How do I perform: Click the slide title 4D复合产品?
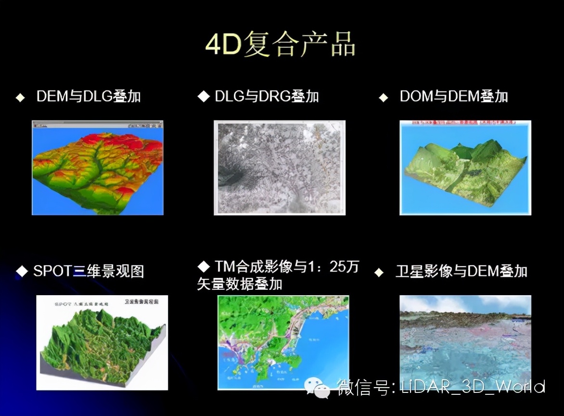click(280, 45)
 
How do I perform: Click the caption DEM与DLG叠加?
click(89, 96)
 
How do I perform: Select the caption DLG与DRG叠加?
click(267, 96)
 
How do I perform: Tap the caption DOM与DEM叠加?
click(454, 96)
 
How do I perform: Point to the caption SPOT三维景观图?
click(89, 271)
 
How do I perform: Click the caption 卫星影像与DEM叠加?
click(461, 271)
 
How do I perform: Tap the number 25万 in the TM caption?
click(344, 267)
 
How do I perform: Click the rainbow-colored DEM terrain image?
click(98, 168)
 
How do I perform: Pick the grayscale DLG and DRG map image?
click(280, 168)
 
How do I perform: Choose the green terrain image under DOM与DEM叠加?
click(465, 168)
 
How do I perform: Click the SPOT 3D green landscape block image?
click(102, 342)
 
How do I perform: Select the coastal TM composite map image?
click(283, 342)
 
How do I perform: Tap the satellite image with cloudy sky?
click(465, 337)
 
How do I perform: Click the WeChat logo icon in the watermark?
click(318, 388)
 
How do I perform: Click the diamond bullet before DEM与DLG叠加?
click(20, 97)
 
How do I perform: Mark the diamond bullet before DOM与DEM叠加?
click(383, 97)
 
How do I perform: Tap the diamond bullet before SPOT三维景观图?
click(22, 272)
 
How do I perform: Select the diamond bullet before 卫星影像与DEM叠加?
click(379, 273)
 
